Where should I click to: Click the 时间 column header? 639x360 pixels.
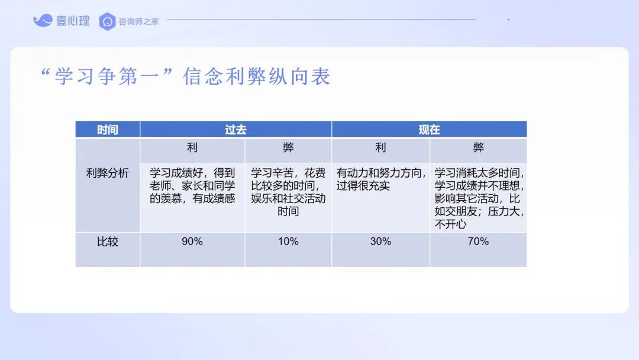point(108,130)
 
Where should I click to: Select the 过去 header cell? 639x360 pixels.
point(235,130)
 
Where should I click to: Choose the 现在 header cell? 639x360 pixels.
point(429,130)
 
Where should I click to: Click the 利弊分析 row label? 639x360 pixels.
point(108,173)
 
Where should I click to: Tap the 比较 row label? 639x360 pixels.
point(108,242)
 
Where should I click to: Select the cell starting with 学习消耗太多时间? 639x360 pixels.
point(479,198)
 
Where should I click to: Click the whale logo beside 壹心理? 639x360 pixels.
point(43,20)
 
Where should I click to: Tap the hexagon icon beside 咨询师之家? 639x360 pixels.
point(107,21)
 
